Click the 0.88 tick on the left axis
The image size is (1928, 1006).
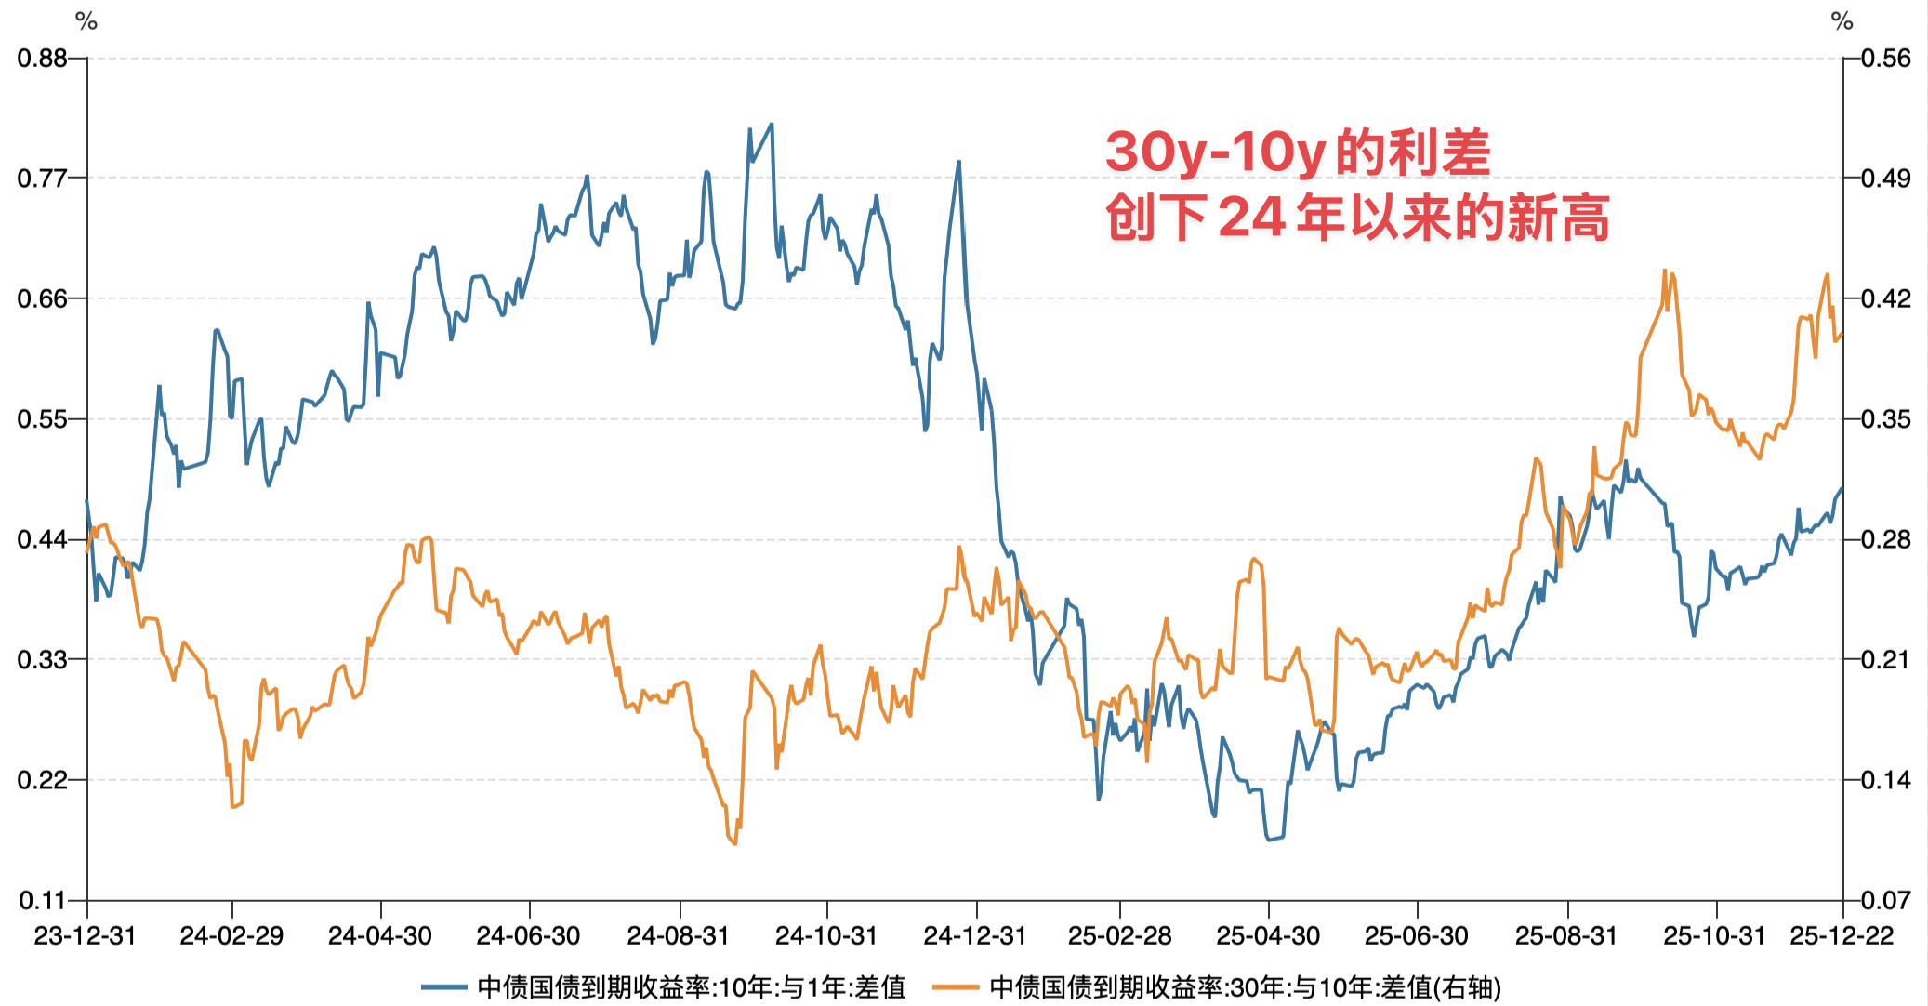pyautogui.click(x=43, y=59)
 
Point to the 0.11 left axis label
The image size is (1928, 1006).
pyautogui.click(x=43, y=900)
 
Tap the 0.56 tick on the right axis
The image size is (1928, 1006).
pyautogui.click(x=1885, y=59)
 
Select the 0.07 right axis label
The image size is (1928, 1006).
pyautogui.click(x=1885, y=900)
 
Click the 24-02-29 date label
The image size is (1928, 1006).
pyautogui.click(x=231, y=935)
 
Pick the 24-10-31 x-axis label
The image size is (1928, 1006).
pyautogui.click(x=826, y=935)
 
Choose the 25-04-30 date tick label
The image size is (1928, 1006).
pyautogui.click(x=1268, y=935)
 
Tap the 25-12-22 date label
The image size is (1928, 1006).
pyautogui.click(x=1842, y=935)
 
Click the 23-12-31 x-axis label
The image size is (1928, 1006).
pyautogui.click(x=86, y=935)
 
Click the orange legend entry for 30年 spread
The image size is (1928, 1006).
pyautogui.click(x=1245, y=986)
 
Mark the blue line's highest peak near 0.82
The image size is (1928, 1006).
pyautogui.click(x=771, y=124)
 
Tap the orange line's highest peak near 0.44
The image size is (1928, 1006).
pyautogui.click(x=1663, y=270)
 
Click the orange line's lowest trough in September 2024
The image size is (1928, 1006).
pyautogui.click(x=734, y=843)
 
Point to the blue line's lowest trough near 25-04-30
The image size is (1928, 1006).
pyautogui.click(x=1270, y=840)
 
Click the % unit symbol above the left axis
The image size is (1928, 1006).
pyautogui.click(x=86, y=20)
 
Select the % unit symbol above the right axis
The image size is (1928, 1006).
pyautogui.click(x=1842, y=20)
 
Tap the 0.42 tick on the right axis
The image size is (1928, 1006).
pyautogui.click(x=1885, y=298)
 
